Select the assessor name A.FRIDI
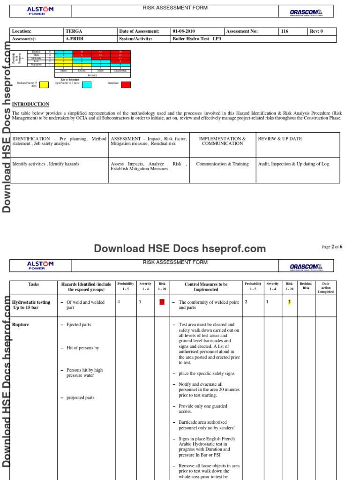[x=75, y=39]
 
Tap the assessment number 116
[x=285, y=31]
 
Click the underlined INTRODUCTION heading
[x=30, y=104]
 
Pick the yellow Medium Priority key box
[x=44, y=85]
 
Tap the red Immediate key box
[x=126, y=85]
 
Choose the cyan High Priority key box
[x=87, y=85]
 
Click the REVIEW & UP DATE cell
[x=280, y=139]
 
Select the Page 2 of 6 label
[x=332, y=247]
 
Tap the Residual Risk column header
[x=306, y=286]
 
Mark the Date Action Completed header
[x=326, y=287]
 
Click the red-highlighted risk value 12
[x=162, y=302]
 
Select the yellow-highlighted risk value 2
[x=289, y=302]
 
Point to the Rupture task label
[x=20, y=324]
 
